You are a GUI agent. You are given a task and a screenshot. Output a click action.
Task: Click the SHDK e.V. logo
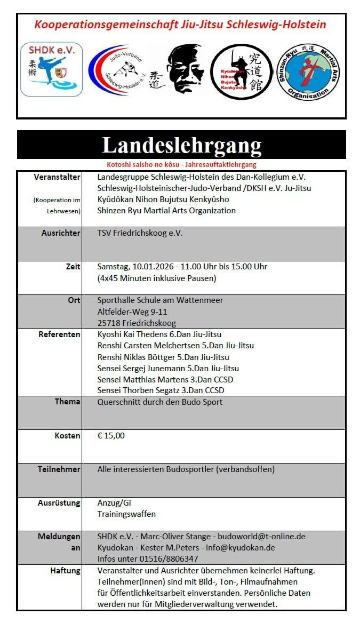tap(51, 69)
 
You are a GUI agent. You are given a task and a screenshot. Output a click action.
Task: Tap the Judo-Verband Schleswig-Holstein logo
tap(118, 70)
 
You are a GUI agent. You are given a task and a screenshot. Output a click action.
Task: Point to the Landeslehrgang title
tap(181, 145)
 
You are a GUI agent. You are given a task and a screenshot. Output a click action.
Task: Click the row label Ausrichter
tap(61, 233)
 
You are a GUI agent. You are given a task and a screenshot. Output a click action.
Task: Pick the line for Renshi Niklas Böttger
tap(163, 357)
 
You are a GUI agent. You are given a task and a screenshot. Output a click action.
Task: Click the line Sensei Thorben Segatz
tap(161, 391)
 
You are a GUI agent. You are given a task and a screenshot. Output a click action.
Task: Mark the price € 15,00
tap(111, 436)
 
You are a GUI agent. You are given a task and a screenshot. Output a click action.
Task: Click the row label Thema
tap(67, 402)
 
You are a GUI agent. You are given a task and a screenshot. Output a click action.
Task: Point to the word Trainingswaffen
tap(126, 514)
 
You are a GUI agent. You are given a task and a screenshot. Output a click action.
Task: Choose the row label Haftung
tap(65, 571)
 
